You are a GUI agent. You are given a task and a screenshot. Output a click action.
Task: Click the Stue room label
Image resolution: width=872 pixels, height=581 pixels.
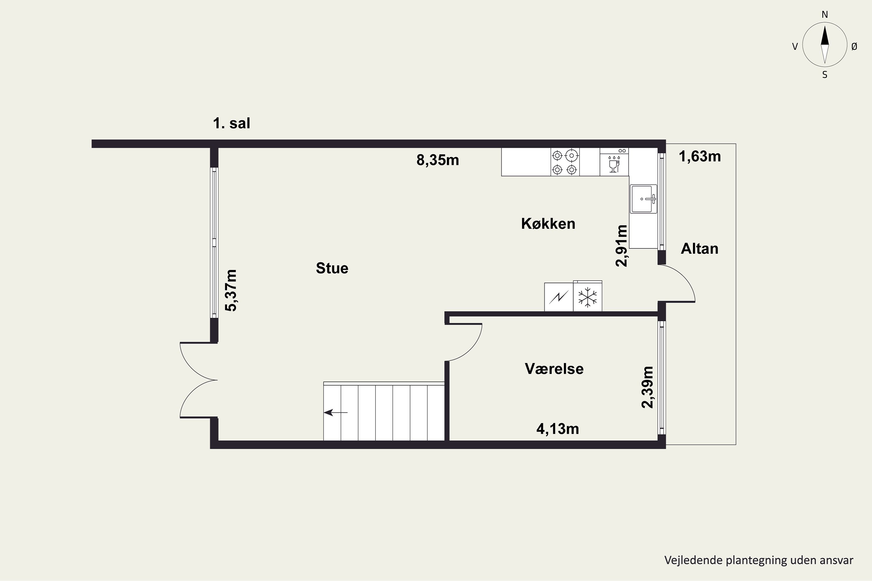tap(332, 268)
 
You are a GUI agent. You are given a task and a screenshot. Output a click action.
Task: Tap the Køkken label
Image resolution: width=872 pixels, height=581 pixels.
tap(548, 224)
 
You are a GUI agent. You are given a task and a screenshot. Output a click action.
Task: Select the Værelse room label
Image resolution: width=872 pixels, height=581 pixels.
tap(554, 369)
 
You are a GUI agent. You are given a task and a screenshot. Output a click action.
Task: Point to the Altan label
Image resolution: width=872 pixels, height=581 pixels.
tap(700, 249)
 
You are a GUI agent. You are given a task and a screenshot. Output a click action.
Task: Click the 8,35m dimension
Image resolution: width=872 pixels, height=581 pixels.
tap(438, 160)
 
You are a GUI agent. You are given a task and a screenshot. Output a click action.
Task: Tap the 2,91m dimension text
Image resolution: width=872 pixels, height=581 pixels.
tap(621, 246)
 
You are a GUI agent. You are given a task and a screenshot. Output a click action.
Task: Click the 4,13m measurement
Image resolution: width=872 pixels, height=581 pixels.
tap(557, 429)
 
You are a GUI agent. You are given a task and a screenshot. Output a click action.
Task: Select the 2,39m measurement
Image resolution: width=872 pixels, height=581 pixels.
tap(647, 387)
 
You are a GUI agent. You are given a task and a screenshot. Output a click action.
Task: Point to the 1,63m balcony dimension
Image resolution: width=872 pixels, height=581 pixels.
tap(700, 156)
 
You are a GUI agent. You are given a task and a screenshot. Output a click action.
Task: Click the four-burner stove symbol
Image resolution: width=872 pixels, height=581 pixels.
tap(565, 162)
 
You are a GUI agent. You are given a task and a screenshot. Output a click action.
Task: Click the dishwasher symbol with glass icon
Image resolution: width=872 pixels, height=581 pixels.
tap(614, 162)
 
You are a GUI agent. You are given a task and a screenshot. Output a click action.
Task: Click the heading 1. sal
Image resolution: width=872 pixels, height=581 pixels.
tap(231, 123)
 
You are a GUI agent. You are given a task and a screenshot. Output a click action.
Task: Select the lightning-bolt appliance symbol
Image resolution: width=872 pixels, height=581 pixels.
tap(559, 297)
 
